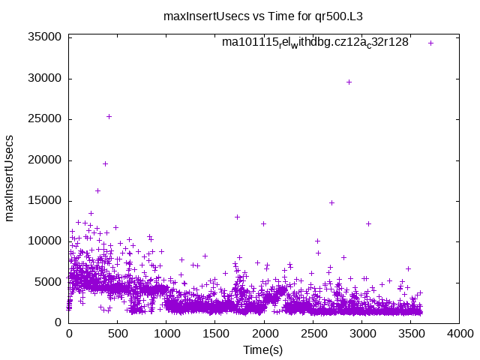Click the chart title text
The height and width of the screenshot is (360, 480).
268,15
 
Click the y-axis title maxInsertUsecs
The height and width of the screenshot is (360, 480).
10,178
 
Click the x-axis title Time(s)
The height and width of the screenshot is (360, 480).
263,349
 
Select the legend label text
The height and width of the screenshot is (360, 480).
315,43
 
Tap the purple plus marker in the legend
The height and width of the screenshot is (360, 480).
430,43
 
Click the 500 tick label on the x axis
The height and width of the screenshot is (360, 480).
118,334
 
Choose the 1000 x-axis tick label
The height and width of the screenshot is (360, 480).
166,334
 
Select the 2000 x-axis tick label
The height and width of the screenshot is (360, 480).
264,334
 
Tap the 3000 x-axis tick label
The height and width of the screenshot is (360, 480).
361,334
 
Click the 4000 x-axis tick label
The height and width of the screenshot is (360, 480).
459,334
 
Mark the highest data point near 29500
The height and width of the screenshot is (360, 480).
349,82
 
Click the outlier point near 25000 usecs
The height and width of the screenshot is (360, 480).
109,116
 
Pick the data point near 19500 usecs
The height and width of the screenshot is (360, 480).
106,163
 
